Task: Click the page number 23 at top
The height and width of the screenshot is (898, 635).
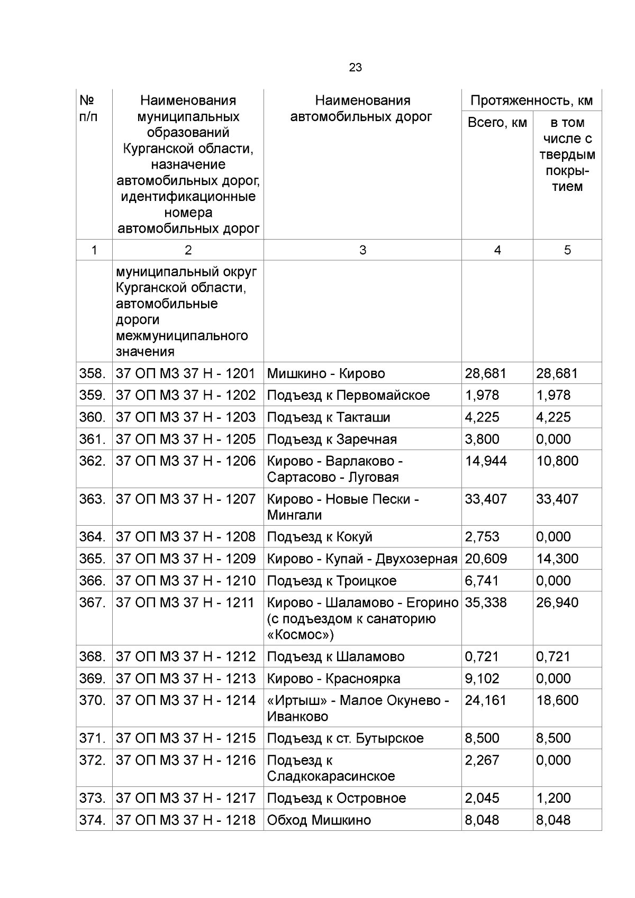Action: (355, 68)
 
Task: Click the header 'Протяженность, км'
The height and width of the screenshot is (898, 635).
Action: (531, 100)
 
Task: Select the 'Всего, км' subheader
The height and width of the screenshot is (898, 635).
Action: (497, 123)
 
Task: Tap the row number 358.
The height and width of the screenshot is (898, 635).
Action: (93, 373)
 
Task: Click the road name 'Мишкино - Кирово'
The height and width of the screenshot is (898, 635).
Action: (325, 373)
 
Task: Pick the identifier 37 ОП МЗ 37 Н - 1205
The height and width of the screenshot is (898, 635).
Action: (185, 439)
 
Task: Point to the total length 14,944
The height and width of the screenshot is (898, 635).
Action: (485, 461)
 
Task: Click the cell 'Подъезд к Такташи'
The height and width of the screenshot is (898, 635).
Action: (328, 417)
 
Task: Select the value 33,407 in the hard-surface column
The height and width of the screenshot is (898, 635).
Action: (557, 499)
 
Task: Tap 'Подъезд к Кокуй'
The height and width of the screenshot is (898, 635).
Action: (320, 537)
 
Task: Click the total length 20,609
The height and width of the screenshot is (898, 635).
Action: (485, 558)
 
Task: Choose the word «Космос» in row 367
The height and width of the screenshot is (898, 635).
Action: (301, 634)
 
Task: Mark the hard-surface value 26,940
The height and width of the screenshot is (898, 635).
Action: (557, 602)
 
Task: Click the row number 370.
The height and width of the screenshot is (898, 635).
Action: (93, 700)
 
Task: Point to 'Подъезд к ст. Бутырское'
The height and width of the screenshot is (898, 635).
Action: (345, 738)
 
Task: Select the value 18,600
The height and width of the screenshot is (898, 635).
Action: (557, 700)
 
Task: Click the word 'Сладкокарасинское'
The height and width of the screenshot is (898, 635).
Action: (331, 776)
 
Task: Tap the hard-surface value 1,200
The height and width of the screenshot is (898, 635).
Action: (553, 798)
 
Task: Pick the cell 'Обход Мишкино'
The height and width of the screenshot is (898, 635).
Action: (319, 820)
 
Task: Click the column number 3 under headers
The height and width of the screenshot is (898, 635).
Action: (362, 250)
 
